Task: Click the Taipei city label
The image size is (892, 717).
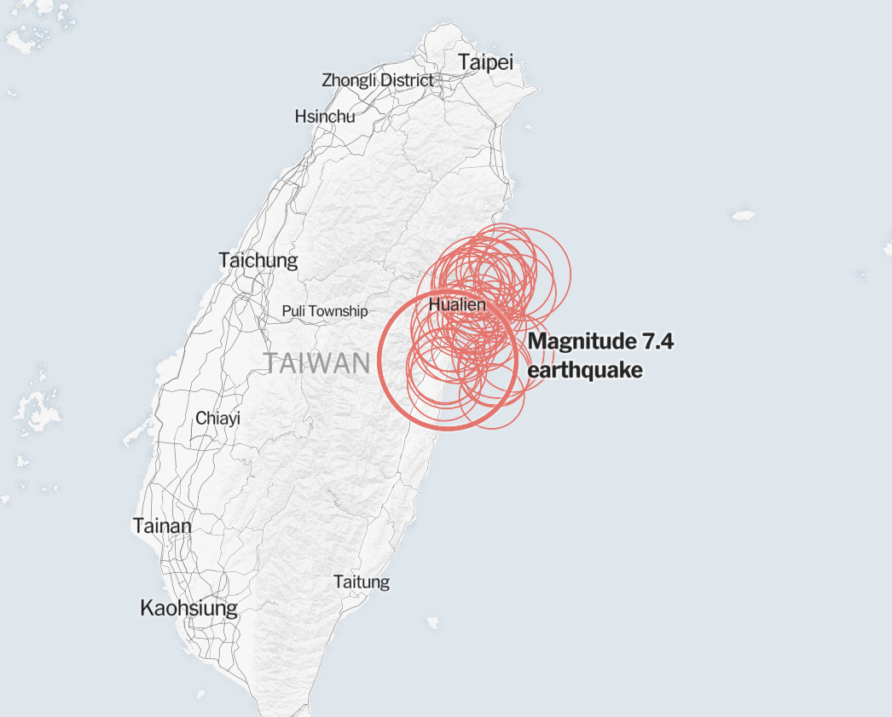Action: point(485,62)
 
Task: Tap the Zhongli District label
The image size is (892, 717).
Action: point(377,81)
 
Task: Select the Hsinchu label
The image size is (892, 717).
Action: point(325,116)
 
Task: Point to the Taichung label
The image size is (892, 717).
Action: point(258,260)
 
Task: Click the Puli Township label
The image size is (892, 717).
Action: point(325,311)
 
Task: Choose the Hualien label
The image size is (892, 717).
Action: point(457,304)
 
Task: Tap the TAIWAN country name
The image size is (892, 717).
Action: point(317,363)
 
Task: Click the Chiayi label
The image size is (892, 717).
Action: point(217,418)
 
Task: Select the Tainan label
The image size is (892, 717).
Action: point(162,526)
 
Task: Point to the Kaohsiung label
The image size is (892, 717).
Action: point(188,608)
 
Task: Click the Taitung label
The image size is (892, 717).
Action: point(362,582)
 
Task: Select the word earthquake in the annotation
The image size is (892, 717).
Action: point(585,370)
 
